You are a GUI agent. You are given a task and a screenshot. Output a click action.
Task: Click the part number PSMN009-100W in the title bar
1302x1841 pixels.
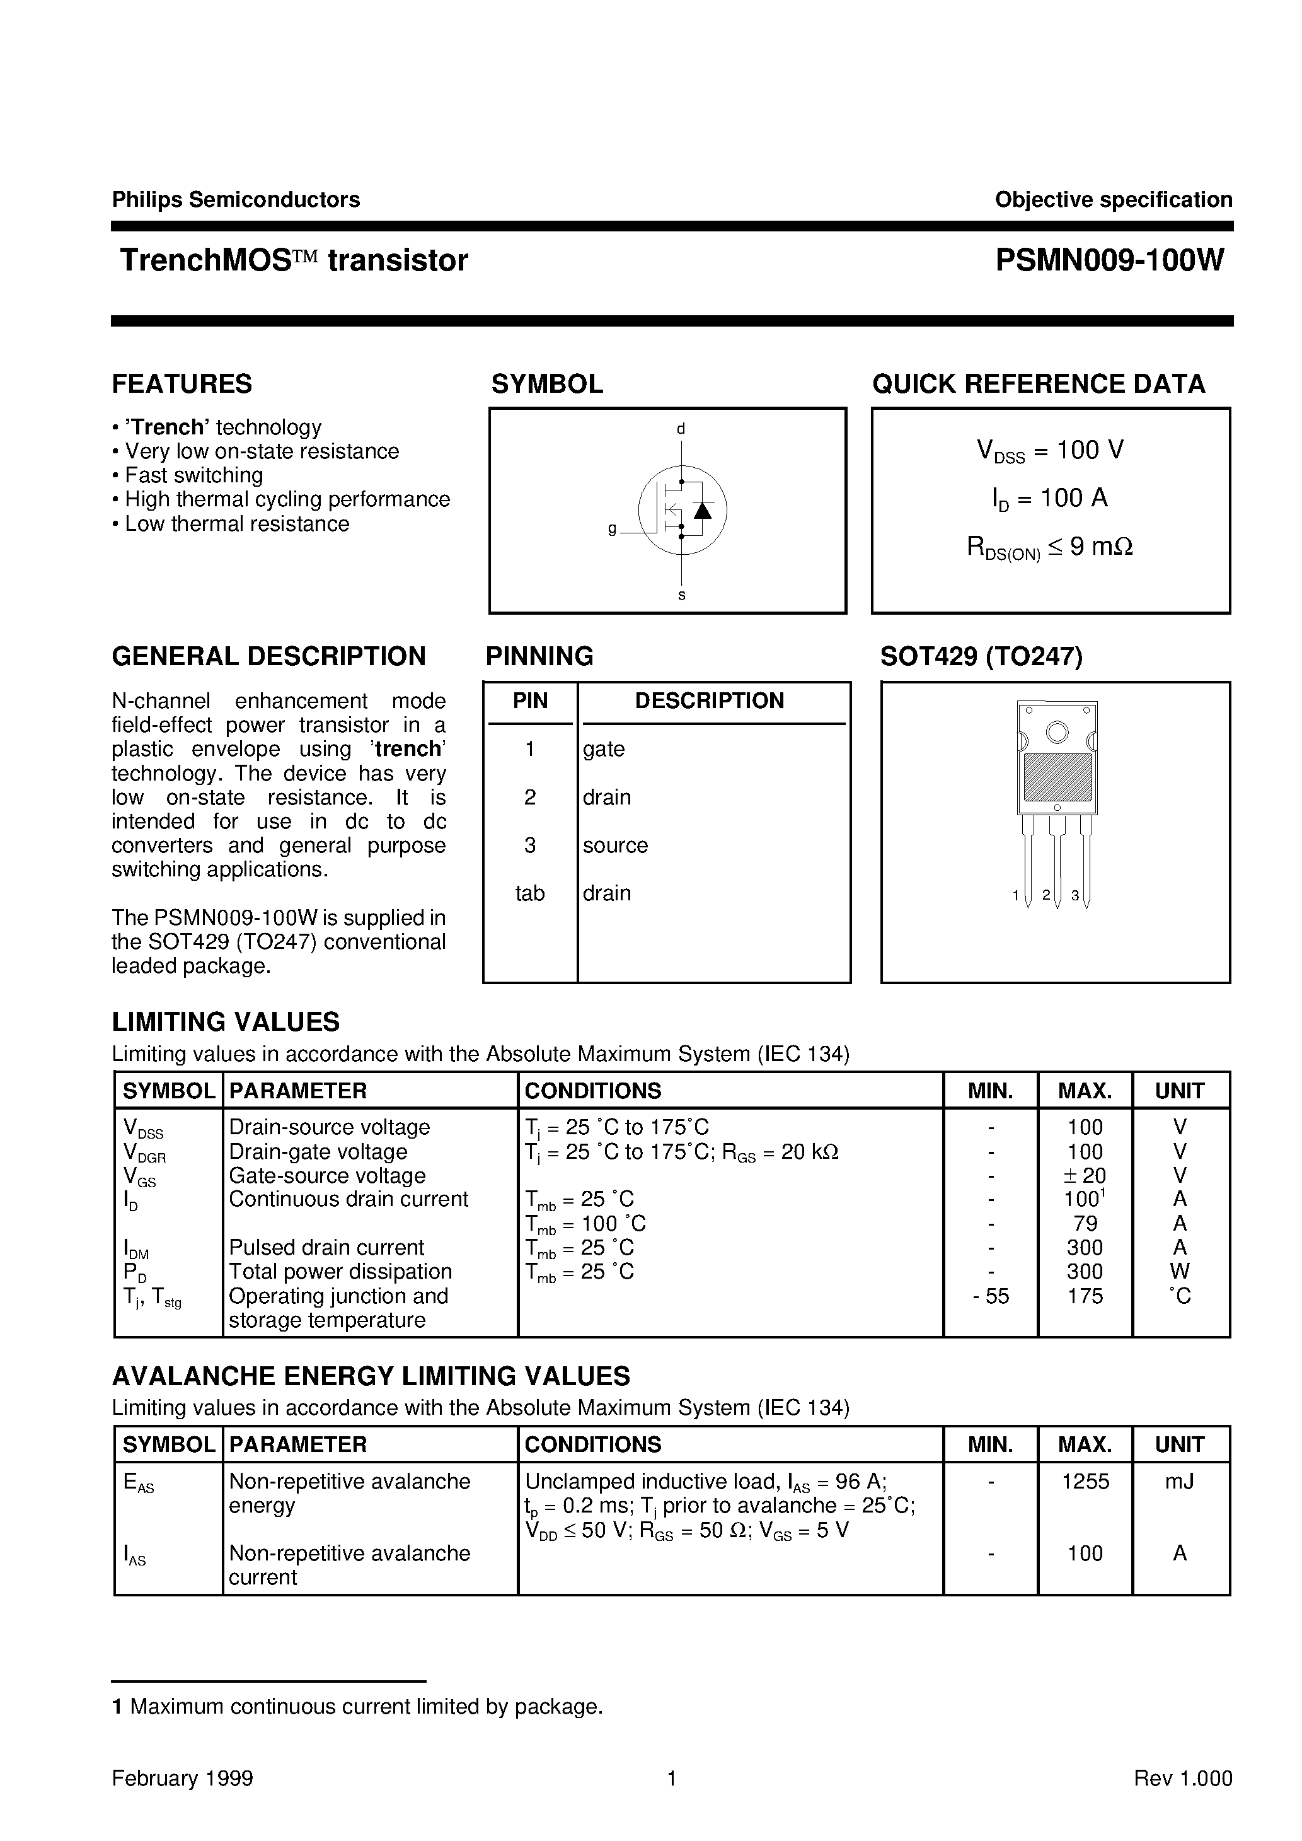coord(1110,260)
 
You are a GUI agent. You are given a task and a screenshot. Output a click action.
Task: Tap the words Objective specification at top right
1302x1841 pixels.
coord(1113,200)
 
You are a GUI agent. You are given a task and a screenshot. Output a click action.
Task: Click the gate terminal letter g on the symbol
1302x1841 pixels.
coord(613,529)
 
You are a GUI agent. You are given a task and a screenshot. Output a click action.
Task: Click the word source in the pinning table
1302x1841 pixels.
coord(615,845)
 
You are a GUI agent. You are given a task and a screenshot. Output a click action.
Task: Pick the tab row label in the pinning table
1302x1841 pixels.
coord(529,893)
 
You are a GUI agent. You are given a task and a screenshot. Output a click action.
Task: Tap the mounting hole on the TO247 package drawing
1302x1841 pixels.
coord(1057,732)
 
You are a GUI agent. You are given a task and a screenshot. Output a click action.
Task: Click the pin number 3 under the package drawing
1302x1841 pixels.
coord(1074,896)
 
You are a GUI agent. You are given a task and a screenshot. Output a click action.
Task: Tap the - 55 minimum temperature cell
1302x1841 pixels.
coord(991,1296)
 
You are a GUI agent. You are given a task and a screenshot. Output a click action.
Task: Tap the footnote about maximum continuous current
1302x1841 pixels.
coord(357,1706)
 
